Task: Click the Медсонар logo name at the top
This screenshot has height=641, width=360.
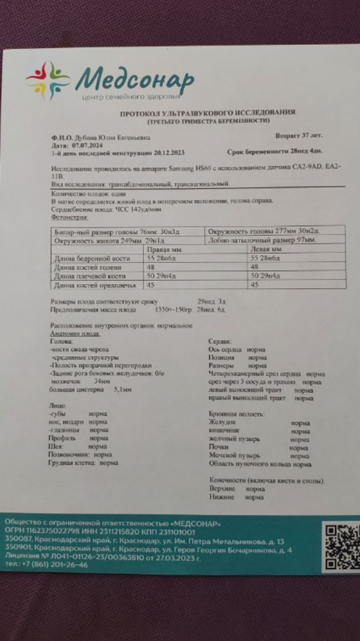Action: tap(135, 81)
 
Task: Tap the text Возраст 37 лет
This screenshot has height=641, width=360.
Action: tap(300, 137)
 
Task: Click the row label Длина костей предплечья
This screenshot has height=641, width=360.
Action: tap(87, 285)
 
